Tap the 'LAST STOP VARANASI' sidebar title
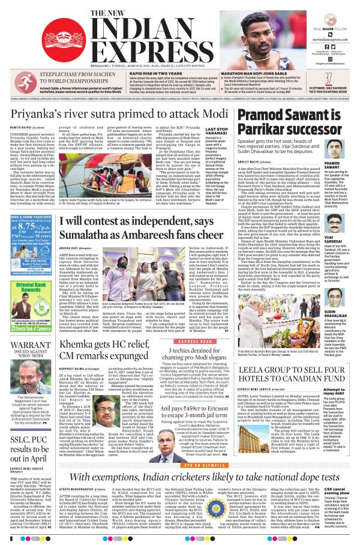pyautogui.click(x=216, y=131)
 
